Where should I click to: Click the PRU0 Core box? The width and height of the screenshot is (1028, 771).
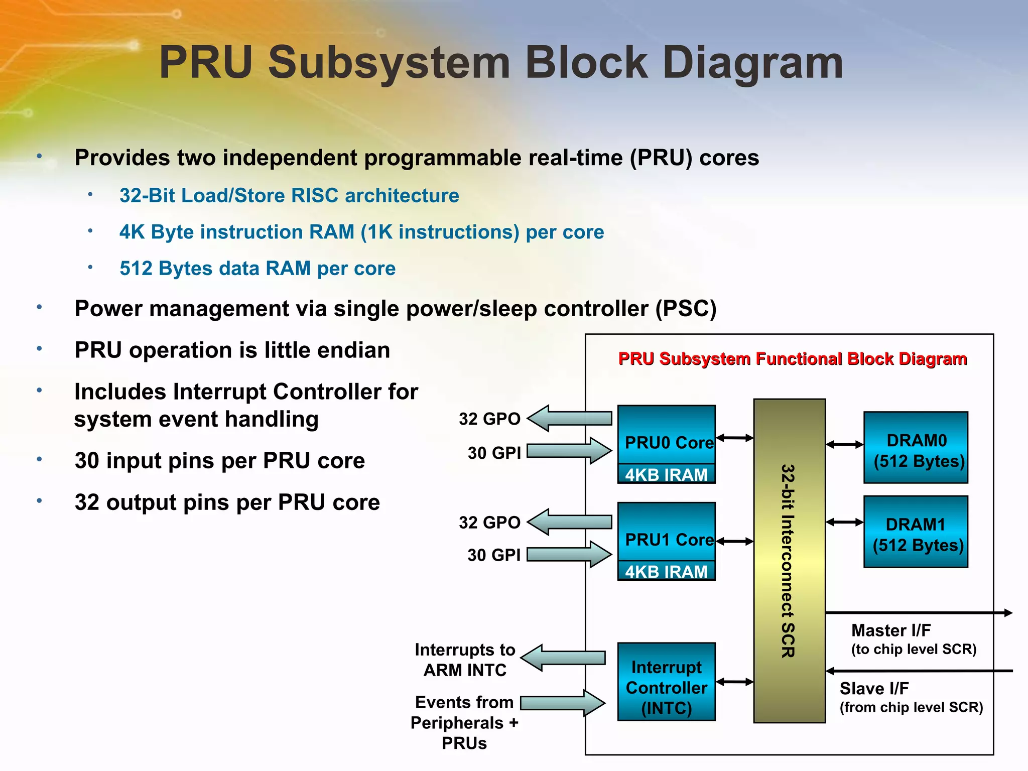point(666,434)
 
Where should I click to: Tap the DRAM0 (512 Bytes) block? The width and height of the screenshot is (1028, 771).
point(916,447)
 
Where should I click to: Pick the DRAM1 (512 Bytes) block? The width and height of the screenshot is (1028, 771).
point(916,532)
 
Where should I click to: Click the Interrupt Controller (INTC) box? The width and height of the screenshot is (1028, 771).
point(666,682)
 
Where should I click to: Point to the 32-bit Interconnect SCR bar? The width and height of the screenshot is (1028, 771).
point(789,560)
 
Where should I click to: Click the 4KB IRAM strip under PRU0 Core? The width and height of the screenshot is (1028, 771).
point(666,474)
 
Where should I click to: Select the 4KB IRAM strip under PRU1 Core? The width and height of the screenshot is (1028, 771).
point(666,571)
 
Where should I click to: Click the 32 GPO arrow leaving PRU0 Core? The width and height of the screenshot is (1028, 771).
point(570,418)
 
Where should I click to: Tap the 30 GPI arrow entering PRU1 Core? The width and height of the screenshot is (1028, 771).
point(570,554)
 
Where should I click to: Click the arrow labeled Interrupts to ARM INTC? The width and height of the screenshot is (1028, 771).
point(563,658)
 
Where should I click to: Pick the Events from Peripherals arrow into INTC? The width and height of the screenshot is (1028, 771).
point(563,703)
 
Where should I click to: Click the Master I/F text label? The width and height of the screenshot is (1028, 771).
point(891,630)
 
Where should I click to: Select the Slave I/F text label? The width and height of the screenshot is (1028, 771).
point(874,688)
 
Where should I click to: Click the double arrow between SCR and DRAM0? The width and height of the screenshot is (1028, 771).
point(844,444)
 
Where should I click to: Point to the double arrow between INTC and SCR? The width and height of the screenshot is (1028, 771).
point(734,682)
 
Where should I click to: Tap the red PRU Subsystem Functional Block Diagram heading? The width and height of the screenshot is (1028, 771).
point(792,359)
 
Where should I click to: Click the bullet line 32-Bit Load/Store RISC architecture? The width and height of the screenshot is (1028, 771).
point(289,195)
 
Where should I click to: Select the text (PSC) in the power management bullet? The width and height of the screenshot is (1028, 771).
point(686,308)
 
